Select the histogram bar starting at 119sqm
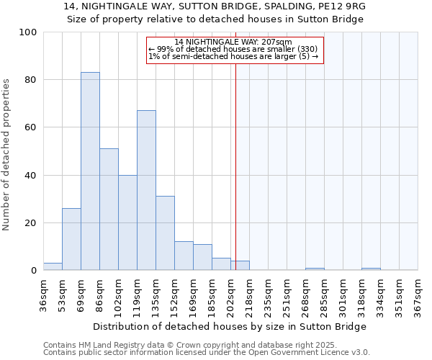[x=146, y=190]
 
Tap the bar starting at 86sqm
[x=109, y=209]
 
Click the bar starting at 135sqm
[x=165, y=233]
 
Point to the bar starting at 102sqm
[x=127, y=222]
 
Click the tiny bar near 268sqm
[x=315, y=269]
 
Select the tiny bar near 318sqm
[x=371, y=269]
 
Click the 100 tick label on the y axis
[x=29, y=32]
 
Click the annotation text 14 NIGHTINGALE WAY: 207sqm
[x=233, y=42]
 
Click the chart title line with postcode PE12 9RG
[x=215, y=6]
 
